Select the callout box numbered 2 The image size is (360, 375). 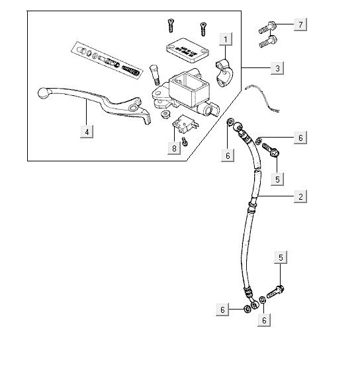click(x=301, y=197)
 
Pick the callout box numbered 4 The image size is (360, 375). click(x=86, y=132)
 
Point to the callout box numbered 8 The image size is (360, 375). click(x=174, y=148)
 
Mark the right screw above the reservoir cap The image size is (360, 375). click(x=202, y=27)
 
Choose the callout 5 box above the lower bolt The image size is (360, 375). click(x=281, y=257)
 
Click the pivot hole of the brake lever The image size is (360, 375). click(x=134, y=106)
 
